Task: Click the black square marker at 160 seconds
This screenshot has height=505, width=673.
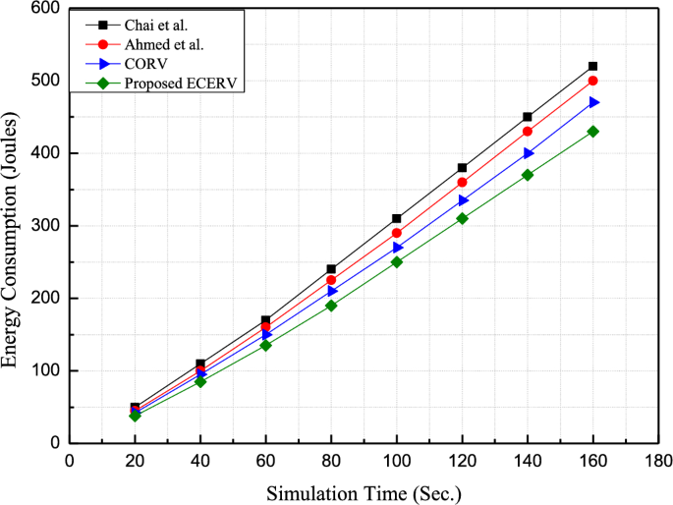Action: pyautogui.click(x=592, y=66)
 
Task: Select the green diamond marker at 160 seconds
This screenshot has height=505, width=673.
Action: pyautogui.click(x=592, y=131)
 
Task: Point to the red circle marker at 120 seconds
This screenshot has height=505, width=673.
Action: pyautogui.click(x=462, y=182)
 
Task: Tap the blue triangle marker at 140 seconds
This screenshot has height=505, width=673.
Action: pyautogui.click(x=528, y=153)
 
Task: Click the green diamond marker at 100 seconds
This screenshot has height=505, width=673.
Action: pyautogui.click(x=396, y=261)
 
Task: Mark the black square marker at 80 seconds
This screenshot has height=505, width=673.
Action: pyautogui.click(x=331, y=269)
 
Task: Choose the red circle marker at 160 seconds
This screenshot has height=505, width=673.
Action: pyautogui.click(x=592, y=81)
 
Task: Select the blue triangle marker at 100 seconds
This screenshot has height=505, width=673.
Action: pyautogui.click(x=396, y=248)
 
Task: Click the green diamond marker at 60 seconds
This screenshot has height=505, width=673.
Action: pyautogui.click(x=265, y=345)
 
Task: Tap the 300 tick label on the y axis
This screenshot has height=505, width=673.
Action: pyautogui.click(x=47, y=226)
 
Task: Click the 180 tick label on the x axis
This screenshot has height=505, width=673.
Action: pyautogui.click(x=658, y=459)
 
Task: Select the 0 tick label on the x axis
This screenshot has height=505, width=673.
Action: pyautogui.click(x=69, y=459)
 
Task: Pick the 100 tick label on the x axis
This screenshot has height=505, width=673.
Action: pyautogui.click(x=396, y=459)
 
